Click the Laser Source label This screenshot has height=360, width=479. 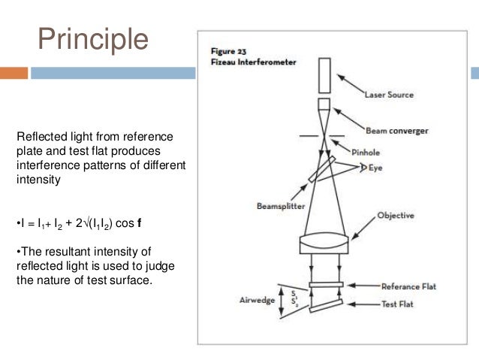pyautogui.click(x=388, y=95)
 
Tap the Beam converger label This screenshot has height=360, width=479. pyautogui.click(x=396, y=131)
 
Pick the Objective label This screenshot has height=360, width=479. pyautogui.click(x=395, y=216)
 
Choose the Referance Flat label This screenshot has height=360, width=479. pyautogui.click(x=408, y=286)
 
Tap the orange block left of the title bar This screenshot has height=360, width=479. pyautogui.click(x=14, y=73)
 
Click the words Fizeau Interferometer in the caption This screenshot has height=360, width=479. pyautogui.click(x=241, y=62)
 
